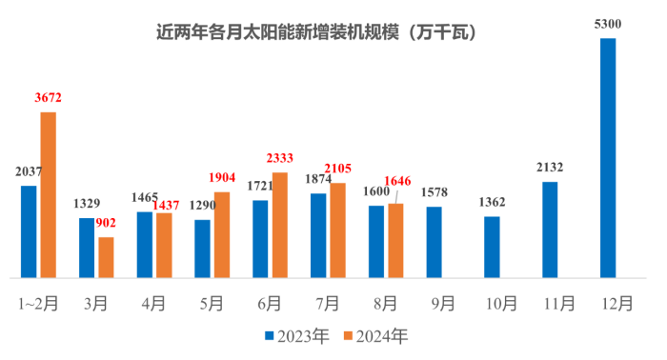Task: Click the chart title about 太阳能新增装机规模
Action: point(317,32)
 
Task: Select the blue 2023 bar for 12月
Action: point(608,158)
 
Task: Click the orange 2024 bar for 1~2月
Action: point(49,195)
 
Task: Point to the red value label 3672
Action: point(48,98)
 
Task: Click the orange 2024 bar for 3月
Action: point(106,257)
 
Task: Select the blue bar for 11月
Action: point(550,230)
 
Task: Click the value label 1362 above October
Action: point(492,202)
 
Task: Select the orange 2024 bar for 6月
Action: point(280,226)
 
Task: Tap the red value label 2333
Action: point(280,159)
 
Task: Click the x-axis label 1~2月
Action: point(38,304)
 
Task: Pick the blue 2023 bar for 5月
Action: point(202,249)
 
